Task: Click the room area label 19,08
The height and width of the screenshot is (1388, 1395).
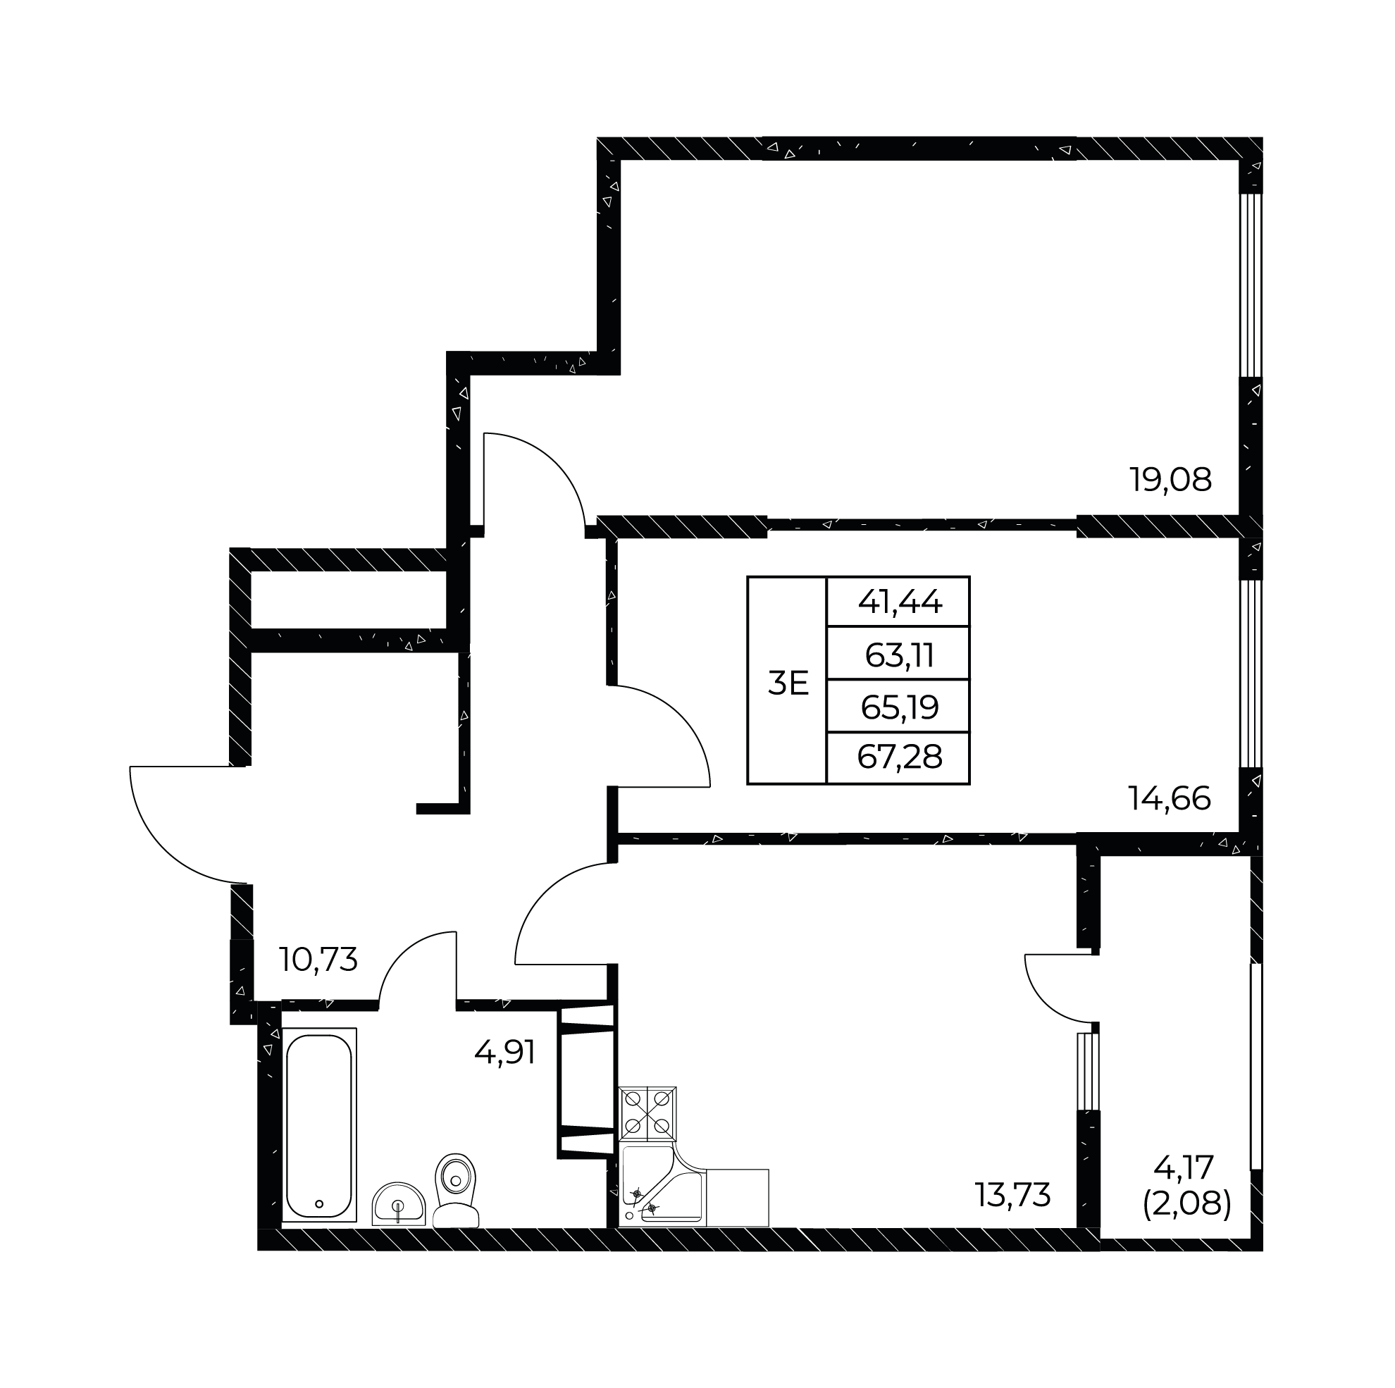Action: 1170,480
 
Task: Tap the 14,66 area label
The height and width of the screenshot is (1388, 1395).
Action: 1170,800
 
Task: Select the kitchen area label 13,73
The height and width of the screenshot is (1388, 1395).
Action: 1013,1196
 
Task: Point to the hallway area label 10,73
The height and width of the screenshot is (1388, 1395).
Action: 318,960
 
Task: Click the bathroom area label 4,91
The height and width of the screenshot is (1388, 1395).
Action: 504,1052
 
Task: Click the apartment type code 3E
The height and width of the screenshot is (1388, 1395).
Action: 788,683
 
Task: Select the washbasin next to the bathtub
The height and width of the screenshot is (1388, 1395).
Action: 399,1205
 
